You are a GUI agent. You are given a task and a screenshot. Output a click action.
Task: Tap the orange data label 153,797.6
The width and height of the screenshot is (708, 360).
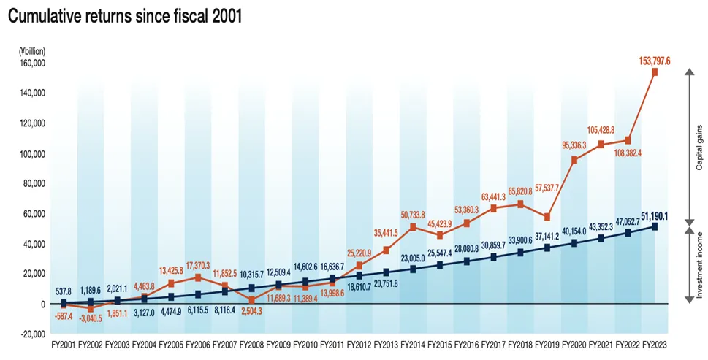click(x=655, y=61)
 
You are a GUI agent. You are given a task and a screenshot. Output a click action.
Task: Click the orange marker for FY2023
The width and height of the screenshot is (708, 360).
click(x=655, y=72)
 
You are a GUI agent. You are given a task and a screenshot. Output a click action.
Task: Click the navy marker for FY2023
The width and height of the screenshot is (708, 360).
click(x=655, y=226)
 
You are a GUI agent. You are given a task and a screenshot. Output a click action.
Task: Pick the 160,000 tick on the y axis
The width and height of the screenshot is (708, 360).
click(x=31, y=64)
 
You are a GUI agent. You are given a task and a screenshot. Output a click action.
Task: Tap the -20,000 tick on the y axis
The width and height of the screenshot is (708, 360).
click(x=31, y=334)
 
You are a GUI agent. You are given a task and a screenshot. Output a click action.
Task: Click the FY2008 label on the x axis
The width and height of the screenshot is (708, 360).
click(x=252, y=343)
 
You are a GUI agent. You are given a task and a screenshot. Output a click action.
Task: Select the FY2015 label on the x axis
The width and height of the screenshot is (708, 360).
click(x=440, y=343)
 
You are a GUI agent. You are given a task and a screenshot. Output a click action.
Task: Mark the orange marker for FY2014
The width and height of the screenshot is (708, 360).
click(x=413, y=227)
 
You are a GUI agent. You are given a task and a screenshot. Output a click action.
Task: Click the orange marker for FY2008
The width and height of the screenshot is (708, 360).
click(x=252, y=300)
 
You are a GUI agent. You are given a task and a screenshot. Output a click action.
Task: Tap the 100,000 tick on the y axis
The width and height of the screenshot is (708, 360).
click(x=31, y=154)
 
